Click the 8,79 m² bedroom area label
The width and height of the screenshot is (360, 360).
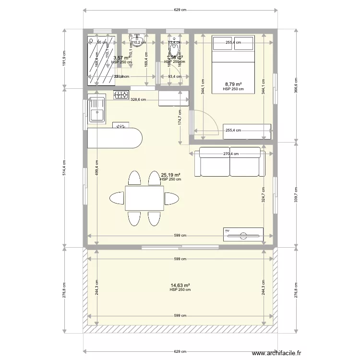(x=233, y=84)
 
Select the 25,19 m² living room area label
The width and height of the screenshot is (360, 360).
(x=170, y=175)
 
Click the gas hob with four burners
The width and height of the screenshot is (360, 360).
(x=121, y=95)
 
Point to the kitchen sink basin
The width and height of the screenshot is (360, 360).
(x=97, y=115)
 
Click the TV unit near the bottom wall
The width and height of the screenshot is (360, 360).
(x=243, y=234)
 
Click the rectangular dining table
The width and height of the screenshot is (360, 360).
(x=144, y=198)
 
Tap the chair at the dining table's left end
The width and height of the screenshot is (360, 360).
(x=117, y=198)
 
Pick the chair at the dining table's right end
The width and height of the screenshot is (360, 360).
(x=171, y=198)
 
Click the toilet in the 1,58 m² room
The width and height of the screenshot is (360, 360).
(x=173, y=47)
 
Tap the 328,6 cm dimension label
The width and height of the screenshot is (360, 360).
(x=139, y=100)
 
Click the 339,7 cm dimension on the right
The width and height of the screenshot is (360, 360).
(x=296, y=194)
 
